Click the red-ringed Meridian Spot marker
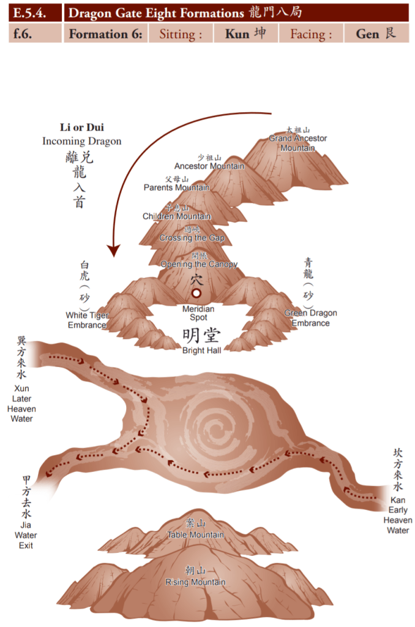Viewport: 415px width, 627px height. click(196, 294)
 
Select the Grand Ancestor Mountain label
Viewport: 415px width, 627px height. click(297, 143)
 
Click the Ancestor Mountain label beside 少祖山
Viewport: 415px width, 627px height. click(209, 166)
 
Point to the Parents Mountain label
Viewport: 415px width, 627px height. click(176, 188)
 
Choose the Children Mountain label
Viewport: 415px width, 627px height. click(176, 216)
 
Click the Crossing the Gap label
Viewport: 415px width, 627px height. click(192, 238)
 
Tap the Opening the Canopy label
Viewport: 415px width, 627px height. click(198, 264)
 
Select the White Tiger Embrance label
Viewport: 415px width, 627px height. click(87, 320)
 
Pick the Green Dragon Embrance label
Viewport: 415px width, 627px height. click(310, 318)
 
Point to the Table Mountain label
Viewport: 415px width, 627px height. click(195, 534)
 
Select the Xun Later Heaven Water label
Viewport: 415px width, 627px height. click(21, 403)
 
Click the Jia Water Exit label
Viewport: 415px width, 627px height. click(26, 536)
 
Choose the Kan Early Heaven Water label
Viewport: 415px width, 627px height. click(397, 515)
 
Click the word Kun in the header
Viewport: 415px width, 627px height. click(237, 34)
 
